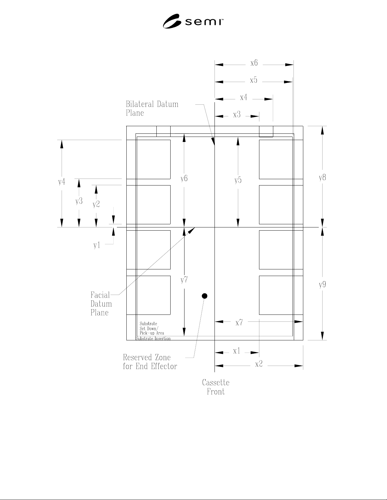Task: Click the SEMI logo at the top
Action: point(193,21)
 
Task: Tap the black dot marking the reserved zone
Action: point(204,296)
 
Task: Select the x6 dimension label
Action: point(254,63)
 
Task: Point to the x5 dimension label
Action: point(253,80)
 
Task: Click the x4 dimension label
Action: point(244,97)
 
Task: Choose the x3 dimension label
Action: point(237,115)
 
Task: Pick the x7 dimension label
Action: point(239,322)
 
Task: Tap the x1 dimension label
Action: point(237,351)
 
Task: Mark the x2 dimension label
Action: point(259,364)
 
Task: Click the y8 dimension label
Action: point(322,177)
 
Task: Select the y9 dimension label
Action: point(322,285)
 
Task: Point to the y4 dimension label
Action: point(62,182)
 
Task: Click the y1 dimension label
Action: point(97,245)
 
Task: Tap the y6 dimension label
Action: point(184,178)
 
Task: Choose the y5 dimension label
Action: point(238,180)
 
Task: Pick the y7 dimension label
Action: point(184,280)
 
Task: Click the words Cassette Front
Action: point(215,387)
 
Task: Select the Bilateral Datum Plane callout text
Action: point(152,109)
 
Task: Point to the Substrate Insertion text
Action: point(153,338)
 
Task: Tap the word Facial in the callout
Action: point(100,295)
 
